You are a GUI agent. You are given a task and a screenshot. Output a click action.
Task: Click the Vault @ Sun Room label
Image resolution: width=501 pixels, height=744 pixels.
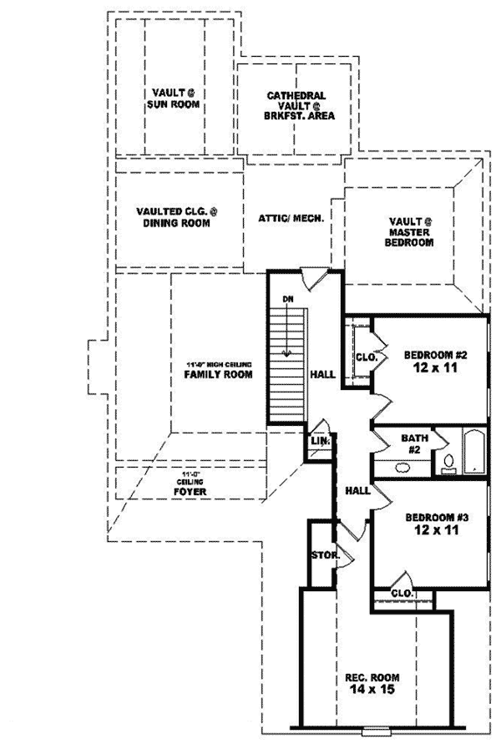174,97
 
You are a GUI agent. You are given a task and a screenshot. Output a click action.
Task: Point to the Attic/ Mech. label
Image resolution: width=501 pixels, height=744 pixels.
291,215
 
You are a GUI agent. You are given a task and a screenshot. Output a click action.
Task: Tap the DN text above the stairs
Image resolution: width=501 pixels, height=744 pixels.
287,298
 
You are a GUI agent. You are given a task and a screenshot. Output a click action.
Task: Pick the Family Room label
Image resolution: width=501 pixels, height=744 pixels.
218,375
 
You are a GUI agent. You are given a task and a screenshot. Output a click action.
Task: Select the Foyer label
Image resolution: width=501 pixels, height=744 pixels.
191,492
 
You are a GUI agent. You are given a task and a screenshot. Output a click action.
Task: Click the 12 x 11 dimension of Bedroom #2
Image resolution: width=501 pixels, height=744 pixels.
428,367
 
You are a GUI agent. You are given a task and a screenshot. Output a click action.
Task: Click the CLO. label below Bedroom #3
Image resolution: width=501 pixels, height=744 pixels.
402,593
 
